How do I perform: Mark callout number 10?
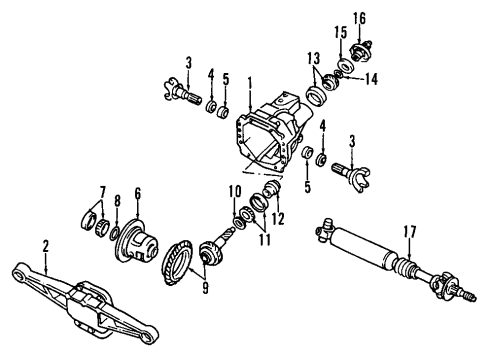coord(237,192)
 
